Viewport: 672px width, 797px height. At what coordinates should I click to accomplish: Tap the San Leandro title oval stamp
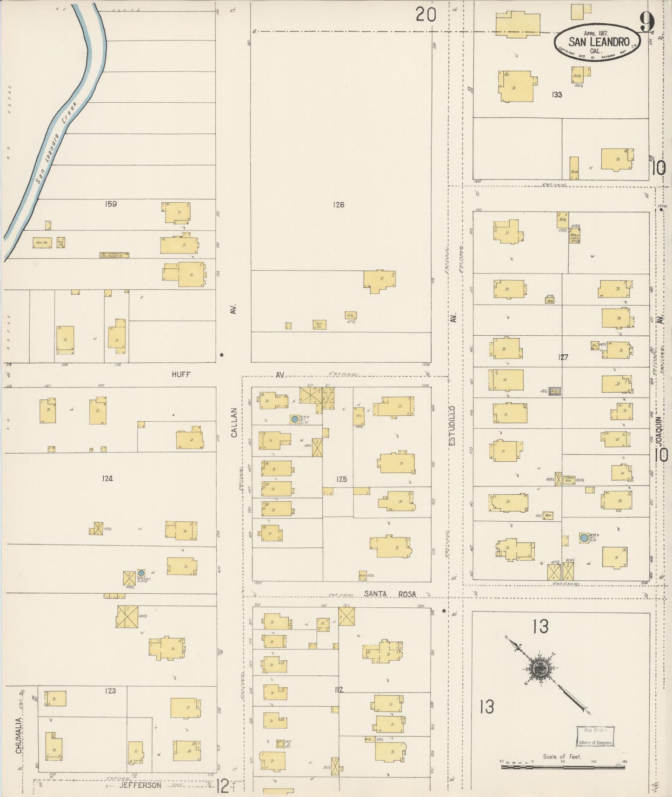point(597,42)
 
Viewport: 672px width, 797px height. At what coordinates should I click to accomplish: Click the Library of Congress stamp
point(595,736)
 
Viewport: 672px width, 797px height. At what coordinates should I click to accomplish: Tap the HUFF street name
point(181,374)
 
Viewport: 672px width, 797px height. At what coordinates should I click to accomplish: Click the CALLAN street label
point(234,422)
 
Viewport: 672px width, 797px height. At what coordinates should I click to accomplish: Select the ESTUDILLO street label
point(453,426)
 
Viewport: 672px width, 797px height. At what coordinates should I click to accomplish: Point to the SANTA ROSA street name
point(390,594)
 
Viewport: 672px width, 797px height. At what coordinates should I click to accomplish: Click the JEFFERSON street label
point(140,785)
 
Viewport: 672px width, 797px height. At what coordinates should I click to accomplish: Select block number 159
point(111,204)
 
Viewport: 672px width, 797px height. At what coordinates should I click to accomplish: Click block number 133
point(557,94)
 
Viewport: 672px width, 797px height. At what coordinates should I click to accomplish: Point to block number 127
point(563,357)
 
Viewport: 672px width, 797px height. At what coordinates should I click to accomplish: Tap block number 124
point(107,478)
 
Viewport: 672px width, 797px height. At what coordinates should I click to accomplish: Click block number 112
point(339,690)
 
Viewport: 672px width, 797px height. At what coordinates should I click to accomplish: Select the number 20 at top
point(426,15)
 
